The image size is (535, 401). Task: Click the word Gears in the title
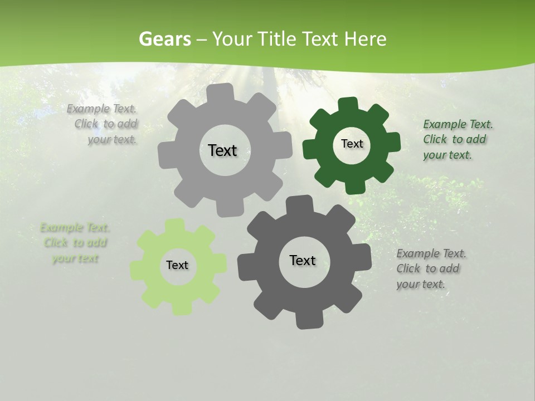pyautogui.click(x=164, y=39)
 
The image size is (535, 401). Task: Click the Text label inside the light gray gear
pyautogui.click(x=222, y=150)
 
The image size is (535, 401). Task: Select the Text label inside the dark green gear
pyautogui.click(x=352, y=144)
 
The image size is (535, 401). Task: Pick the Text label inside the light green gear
pyautogui.click(x=177, y=265)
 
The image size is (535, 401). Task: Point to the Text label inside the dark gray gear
pyautogui.click(x=303, y=260)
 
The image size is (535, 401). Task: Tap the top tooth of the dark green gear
pyautogui.click(x=349, y=105)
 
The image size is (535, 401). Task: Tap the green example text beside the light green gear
pyautogui.click(x=75, y=243)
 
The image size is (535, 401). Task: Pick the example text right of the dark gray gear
pyautogui.click(x=430, y=269)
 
